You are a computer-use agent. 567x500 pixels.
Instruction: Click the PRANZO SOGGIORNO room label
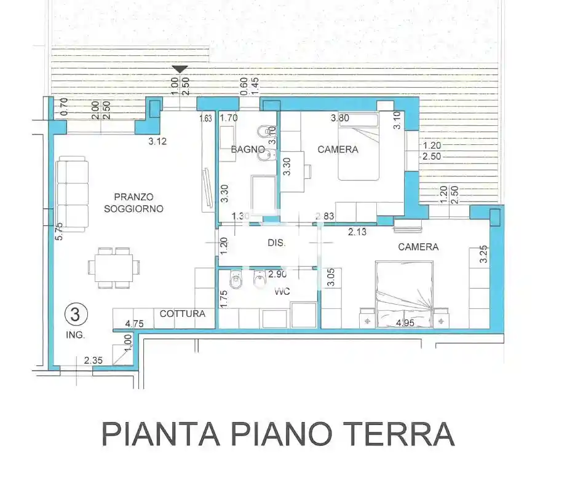point(133,203)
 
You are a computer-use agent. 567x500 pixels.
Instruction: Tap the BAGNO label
point(248,149)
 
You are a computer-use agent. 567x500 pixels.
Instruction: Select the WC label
point(282,292)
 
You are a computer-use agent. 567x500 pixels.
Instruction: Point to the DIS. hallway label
point(277,243)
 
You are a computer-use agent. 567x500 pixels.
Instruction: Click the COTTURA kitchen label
point(182,313)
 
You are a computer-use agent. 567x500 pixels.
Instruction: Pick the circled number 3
point(76,315)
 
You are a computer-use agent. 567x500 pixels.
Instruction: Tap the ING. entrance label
point(76,335)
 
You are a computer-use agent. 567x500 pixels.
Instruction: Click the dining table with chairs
point(114,268)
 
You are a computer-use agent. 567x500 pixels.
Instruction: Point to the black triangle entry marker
point(180,69)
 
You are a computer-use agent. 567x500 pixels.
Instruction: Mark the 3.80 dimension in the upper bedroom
point(341,117)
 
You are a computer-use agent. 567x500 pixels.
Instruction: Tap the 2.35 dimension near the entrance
point(93,361)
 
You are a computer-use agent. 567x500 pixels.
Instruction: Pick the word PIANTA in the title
point(161,434)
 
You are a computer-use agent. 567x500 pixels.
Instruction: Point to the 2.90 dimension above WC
point(278,274)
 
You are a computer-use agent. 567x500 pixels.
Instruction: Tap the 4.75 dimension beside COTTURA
point(134,323)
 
